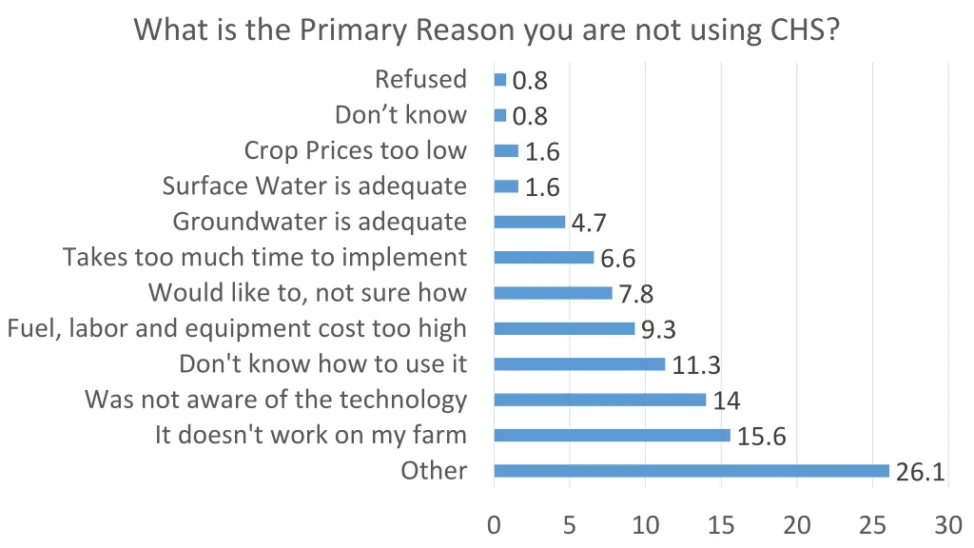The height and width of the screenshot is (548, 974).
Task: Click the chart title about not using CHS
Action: coord(487,29)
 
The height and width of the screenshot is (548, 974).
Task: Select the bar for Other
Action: coord(692,471)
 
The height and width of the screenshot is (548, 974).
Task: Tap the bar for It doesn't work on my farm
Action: coord(612,435)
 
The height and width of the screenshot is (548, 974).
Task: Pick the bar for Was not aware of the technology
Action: coord(599,400)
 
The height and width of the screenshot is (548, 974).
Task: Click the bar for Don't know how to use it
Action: coord(579,363)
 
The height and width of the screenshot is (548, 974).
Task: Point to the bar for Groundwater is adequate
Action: coord(529,222)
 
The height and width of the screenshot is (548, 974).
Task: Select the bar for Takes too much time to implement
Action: coord(543,257)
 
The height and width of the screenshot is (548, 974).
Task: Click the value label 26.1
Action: coord(920,472)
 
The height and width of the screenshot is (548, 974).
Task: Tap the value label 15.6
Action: coord(761,437)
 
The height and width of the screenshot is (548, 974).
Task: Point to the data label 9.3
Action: coord(659,330)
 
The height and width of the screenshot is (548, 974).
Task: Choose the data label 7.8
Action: coord(635,295)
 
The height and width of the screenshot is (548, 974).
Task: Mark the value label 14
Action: coord(727,401)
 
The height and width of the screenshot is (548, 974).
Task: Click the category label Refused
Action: coord(420,79)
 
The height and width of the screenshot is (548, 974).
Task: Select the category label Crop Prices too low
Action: coord(355,150)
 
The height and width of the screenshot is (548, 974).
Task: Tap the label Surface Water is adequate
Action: coord(314,186)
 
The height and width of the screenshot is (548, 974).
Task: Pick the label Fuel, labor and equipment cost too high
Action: coord(237,328)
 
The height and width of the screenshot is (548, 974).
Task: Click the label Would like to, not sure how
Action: coord(307,293)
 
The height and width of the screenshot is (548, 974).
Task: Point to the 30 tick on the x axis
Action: coord(947,524)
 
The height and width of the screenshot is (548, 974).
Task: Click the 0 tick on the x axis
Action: coord(494,524)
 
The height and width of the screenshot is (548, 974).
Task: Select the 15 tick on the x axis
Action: coord(720,524)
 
